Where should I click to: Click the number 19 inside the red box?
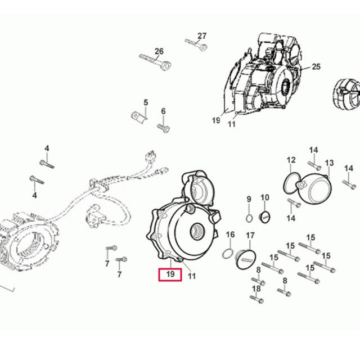[170, 274]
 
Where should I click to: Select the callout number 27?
[202, 36]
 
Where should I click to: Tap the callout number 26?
[159, 51]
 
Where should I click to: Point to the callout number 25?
[316, 66]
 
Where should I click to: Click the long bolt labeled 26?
[155, 61]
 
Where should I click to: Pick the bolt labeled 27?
[196, 44]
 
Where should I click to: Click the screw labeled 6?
[164, 128]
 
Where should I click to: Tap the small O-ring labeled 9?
[249, 218]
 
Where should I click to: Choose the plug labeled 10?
[264, 217]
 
